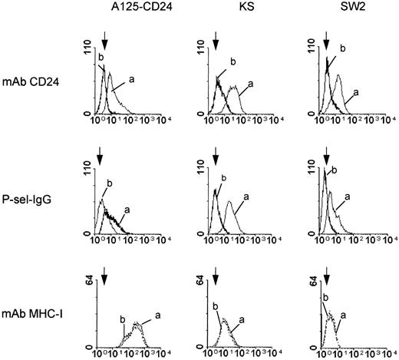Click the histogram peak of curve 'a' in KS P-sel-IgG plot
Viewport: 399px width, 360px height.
229,201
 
